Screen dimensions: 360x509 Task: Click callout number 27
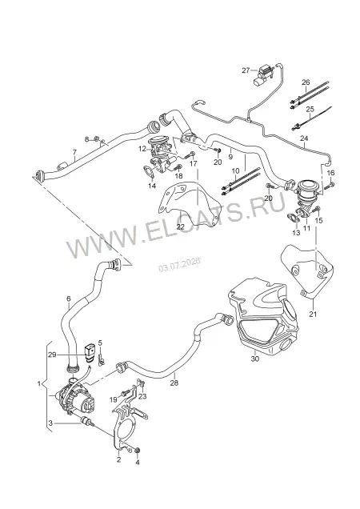(246, 70)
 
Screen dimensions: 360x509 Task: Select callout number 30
(255, 359)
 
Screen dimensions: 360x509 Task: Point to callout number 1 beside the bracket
(39, 383)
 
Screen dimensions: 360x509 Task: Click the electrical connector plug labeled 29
(90, 352)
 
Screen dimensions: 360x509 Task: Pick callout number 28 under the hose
(174, 383)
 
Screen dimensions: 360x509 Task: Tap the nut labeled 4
(138, 450)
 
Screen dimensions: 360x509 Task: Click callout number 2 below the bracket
(119, 459)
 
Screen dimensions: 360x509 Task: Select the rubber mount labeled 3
(86, 422)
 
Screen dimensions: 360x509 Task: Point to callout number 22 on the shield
(180, 226)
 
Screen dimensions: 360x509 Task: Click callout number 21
(313, 315)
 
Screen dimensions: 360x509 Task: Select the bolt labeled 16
(330, 186)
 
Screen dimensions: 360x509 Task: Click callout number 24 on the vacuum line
(304, 138)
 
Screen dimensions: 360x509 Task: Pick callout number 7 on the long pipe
(74, 152)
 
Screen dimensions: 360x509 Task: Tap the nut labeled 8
(97, 139)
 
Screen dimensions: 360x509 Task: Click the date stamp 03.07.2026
(179, 265)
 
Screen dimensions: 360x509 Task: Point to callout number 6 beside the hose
(69, 298)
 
